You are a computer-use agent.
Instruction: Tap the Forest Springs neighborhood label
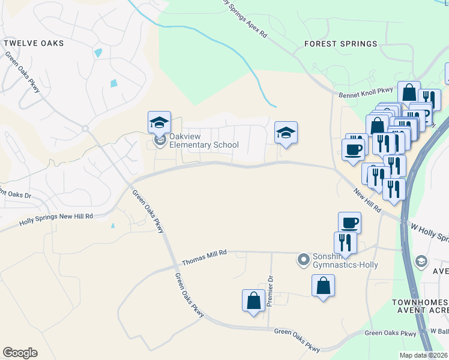click(x=340, y=44)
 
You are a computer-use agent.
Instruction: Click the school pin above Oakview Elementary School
click(x=159, y=123)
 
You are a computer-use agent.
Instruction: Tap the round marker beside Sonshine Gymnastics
click(x=303, y=260)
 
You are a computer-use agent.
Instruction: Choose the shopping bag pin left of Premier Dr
click(x=253, y=300)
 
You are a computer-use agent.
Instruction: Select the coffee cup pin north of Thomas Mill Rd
click(x=349, y=223)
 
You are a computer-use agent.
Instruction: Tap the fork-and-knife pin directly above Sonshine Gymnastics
click(x=345, y=242)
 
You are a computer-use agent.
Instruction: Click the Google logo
click(x=20, y=353)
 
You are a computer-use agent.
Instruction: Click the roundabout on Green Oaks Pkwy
click(x=85, y=128)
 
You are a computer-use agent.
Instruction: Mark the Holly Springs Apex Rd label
click(x=243, y=18)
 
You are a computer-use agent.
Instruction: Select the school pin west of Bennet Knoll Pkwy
click(x=286, y=133)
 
